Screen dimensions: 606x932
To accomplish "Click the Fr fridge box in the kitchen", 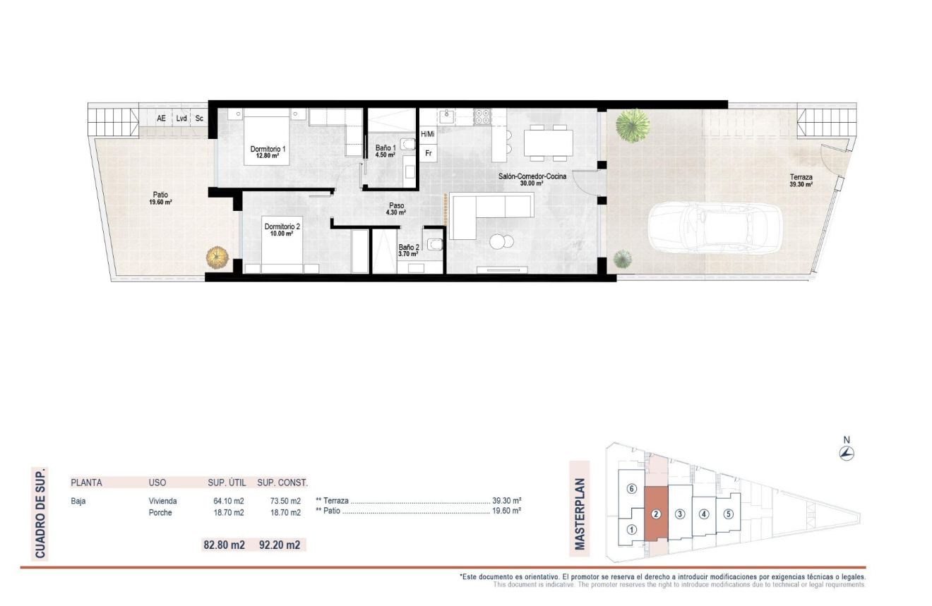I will point(428,152).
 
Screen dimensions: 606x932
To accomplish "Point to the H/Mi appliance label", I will point(428,133).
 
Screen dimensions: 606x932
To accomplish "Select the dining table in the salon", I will point(547,143).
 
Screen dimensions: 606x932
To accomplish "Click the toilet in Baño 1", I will point(407,145).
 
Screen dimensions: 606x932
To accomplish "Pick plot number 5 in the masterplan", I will point(728,514).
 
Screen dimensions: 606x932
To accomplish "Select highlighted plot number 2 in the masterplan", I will point(656,514).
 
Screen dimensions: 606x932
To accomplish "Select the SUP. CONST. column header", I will point(282,483).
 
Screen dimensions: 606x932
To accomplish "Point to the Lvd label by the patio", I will point(181,119).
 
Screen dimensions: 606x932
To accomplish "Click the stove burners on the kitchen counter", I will point(482,116).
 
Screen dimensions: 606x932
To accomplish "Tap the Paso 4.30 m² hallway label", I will point(396,209).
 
